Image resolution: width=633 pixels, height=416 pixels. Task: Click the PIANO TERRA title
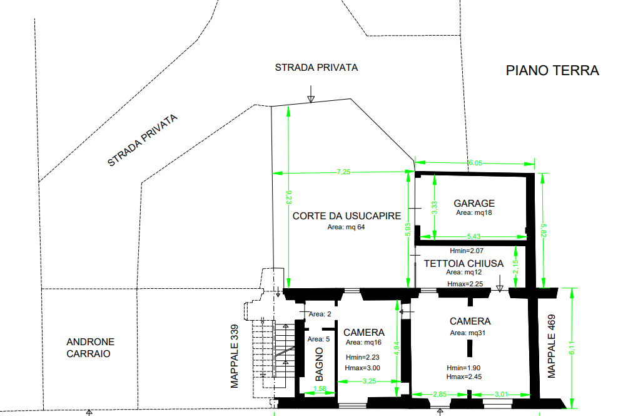(x=552, y=70)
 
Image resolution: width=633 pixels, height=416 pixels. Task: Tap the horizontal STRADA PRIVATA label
(x=316, y=67)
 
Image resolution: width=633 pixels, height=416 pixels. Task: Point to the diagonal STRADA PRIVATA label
(x=143, y=140)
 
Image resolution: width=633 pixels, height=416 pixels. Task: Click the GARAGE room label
(x=474, y=203)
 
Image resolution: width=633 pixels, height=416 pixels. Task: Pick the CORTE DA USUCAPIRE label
(x=347, y=216)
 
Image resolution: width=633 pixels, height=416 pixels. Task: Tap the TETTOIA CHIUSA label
(x=463, y=263)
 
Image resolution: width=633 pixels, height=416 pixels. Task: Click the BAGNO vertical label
(x=319, y=364)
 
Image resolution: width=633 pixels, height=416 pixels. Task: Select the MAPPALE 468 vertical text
(x=552, y=345)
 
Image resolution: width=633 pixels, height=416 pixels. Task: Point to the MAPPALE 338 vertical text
(x=235, y=356)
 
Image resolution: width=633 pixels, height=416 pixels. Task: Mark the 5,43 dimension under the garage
(x=473, y=236)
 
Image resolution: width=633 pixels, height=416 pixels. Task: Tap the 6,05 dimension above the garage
(x=475, y=164)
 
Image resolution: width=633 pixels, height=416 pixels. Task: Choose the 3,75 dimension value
(x=370, y=381)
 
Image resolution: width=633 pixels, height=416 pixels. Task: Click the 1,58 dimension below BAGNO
(x=319, y=390)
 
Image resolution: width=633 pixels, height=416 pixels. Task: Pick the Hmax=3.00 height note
(x=362, y=368)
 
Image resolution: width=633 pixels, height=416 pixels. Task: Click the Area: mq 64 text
(x=346, y=227)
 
